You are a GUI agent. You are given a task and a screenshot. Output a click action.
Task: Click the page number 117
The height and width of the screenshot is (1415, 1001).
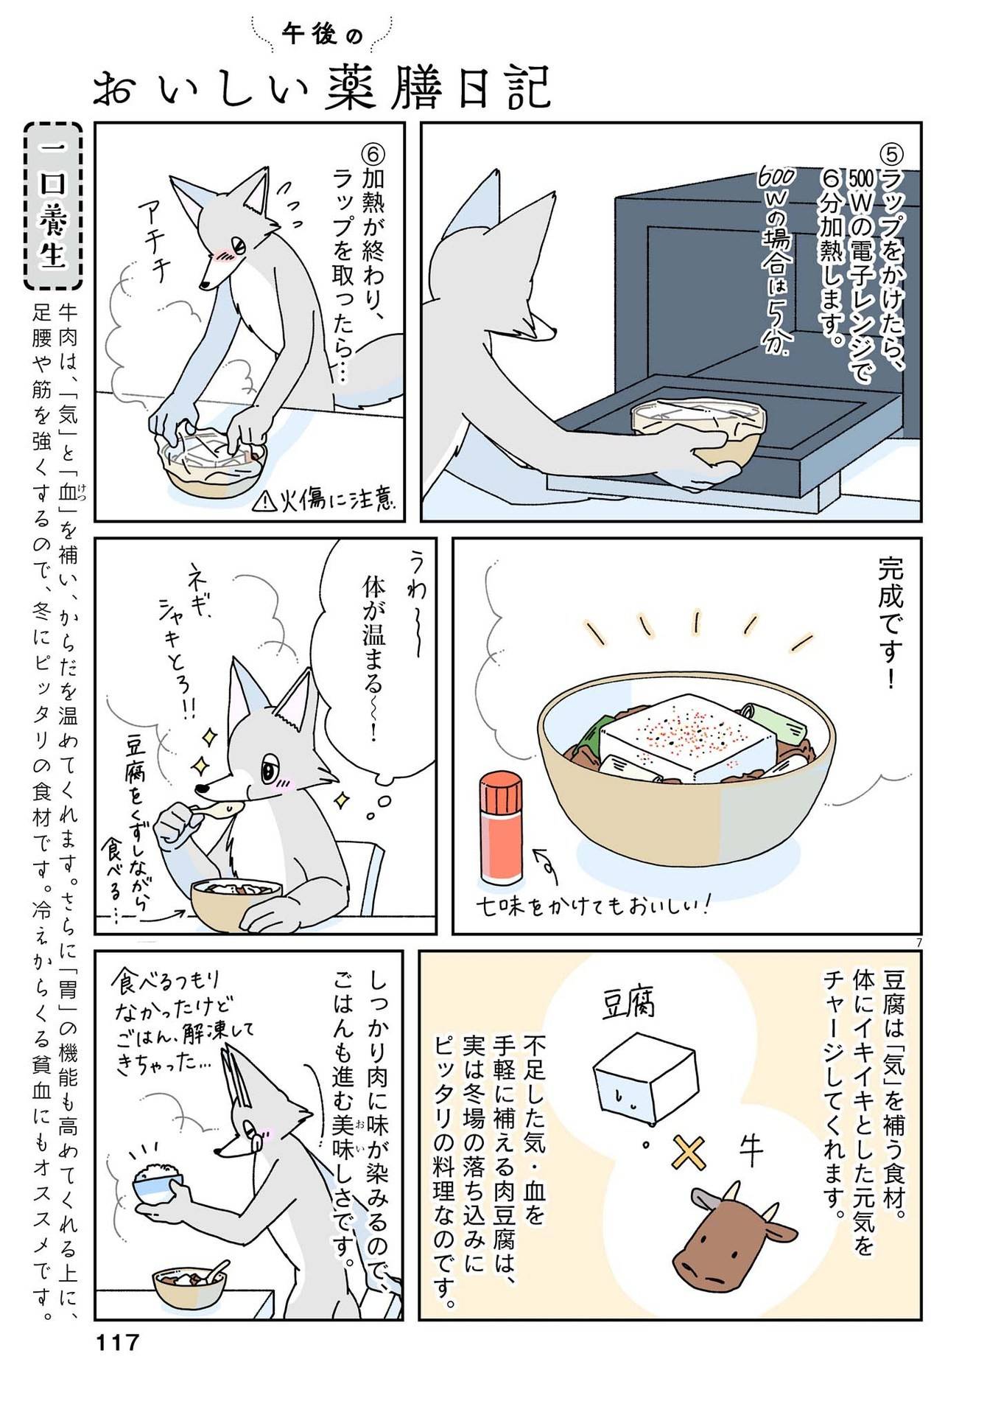[117, 1342]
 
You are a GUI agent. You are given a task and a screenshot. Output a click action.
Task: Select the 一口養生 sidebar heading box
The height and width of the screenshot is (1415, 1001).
[52, 206]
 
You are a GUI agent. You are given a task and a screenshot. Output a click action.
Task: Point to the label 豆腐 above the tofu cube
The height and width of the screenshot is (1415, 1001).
[629, 1004]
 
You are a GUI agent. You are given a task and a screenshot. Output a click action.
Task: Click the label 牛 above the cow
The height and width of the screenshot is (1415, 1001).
[751, 1152]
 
